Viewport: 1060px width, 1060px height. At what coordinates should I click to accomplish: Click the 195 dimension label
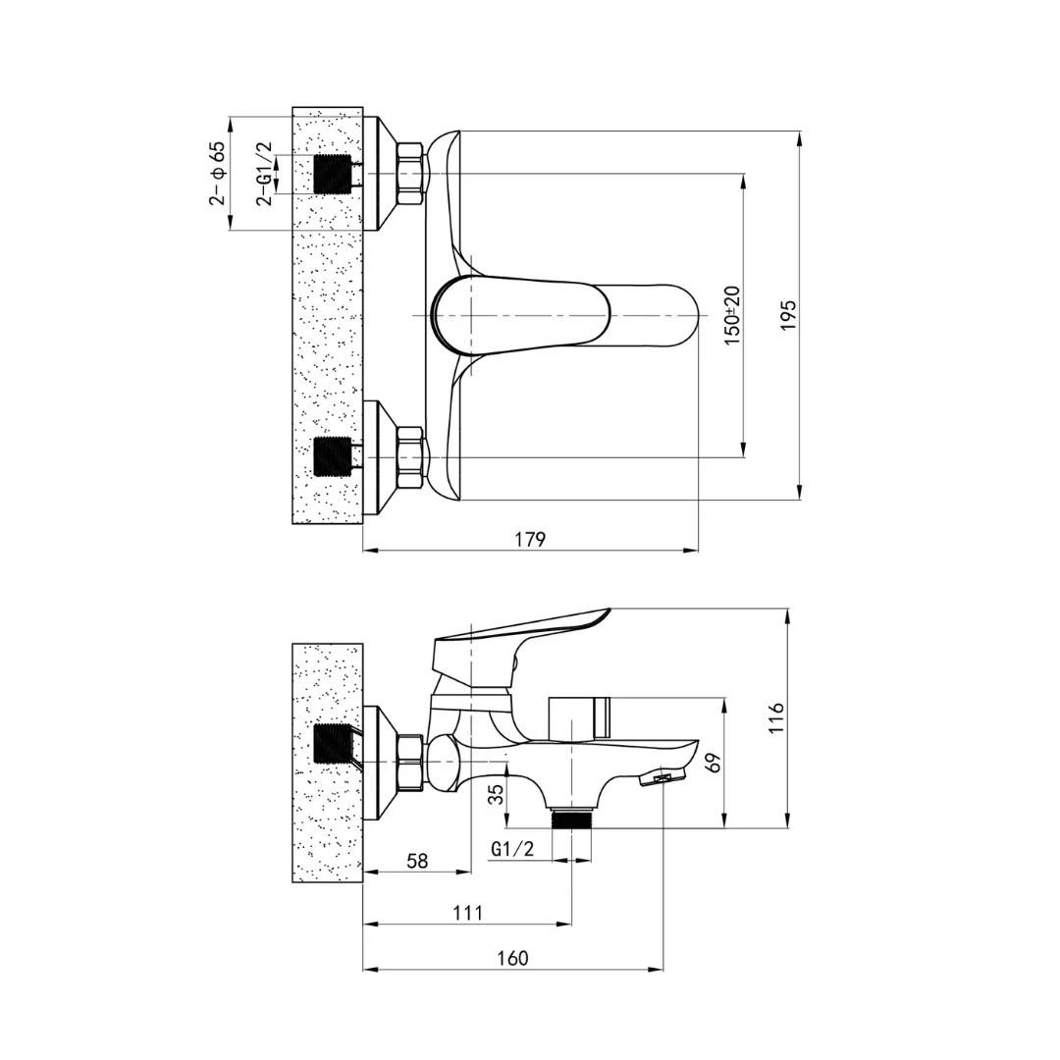tap(789, 315)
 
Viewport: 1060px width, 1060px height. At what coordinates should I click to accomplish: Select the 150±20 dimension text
tap(733, 316)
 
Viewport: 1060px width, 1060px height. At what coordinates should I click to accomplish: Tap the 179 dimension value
tap(530, 540)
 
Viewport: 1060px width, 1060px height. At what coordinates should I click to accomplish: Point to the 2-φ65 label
tap(217, 173)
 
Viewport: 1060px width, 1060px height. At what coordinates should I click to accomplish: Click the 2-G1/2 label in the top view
tap(264, 173)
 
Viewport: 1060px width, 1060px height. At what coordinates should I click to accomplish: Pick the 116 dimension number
tap(775, 717)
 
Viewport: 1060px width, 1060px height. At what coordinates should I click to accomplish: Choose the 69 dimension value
tap(714, 762)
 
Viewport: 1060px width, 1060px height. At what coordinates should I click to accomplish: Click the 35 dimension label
tap(497, 794)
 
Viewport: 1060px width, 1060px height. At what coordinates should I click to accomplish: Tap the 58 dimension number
tap(418, 861)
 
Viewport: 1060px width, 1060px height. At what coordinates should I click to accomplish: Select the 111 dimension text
tap(468, 913)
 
